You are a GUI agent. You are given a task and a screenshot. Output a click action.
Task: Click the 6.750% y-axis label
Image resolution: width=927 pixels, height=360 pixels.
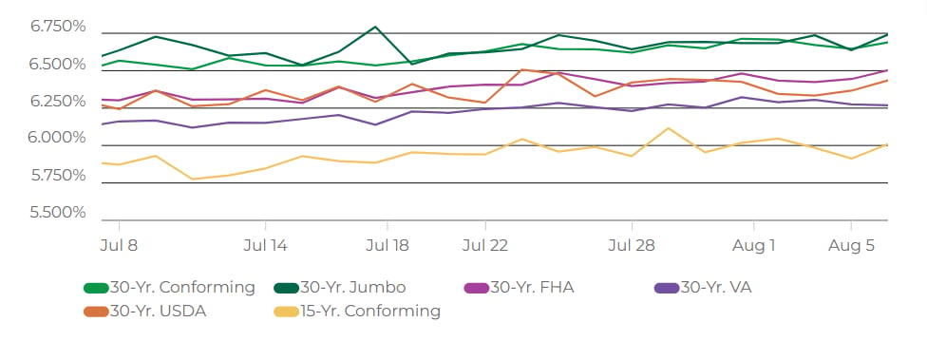click(58, 28)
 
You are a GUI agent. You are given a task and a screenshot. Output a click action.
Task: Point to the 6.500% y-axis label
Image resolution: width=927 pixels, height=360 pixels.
click(58, 65)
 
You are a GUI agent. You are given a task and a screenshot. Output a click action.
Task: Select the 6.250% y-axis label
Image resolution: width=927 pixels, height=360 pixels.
click(58, 102)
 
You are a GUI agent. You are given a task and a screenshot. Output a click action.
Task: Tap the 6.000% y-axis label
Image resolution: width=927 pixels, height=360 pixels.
click(58, 139)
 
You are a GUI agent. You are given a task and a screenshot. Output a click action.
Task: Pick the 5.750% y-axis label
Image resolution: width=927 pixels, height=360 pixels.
click(58, 176)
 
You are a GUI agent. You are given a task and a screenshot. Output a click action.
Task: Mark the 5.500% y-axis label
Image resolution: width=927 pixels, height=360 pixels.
click(58, 212)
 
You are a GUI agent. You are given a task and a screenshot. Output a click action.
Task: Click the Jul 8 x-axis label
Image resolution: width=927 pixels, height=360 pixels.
click(119, 246)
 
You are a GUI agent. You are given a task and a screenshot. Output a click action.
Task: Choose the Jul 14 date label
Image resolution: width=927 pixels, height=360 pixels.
click(265, 246)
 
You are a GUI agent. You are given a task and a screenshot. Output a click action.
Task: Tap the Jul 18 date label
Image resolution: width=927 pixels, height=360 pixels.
click(388, 246)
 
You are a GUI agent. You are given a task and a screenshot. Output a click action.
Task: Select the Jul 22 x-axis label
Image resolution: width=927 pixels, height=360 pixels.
click(484, 246)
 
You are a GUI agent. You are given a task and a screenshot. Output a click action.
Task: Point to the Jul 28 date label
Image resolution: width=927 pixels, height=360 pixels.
click(632, 246)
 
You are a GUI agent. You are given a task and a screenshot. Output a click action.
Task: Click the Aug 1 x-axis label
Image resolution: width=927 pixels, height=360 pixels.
click(754, 246)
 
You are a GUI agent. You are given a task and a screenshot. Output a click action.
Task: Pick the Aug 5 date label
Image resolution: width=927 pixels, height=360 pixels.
click(851, 246)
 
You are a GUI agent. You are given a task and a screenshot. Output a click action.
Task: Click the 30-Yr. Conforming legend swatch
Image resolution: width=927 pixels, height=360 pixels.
click(96, 289)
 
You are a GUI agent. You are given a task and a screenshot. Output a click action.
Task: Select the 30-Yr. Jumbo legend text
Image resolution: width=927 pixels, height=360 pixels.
click(353, 288)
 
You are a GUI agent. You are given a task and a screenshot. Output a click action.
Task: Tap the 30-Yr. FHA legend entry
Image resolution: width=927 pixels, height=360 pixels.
click(520, 288)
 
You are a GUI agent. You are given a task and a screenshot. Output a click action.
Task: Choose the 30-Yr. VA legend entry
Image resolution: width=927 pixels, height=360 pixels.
click(703, 288)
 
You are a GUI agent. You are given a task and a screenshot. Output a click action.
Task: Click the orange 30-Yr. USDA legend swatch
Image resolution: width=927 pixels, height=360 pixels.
click(96, 312)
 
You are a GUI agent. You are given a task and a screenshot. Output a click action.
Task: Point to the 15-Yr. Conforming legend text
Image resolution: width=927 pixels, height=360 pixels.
click(369, 311)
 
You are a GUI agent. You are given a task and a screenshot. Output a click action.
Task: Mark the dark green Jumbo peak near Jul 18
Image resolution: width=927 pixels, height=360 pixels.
click(375, 27)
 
